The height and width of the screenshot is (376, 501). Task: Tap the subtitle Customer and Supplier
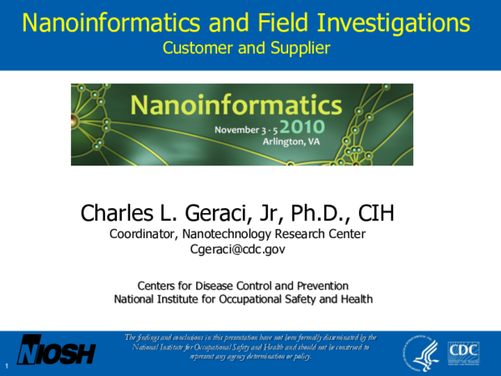coord(247,48)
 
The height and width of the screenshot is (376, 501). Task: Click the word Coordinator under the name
coord(144,234)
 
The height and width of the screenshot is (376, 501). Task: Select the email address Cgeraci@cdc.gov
coord(239,249)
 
